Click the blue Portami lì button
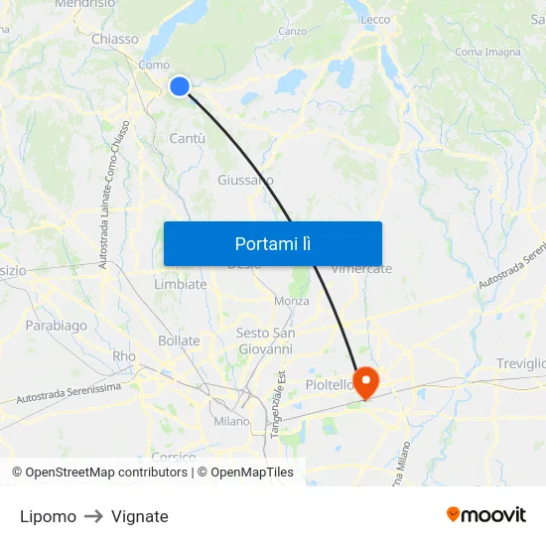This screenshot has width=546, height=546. coord(272,243)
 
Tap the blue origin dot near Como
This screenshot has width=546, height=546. coord(180,86)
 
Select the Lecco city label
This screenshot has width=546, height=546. coord(376,19)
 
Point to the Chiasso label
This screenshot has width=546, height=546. coord(115,39)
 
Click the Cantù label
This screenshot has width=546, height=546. coord(188,138)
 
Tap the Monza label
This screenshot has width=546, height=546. coord(292,301)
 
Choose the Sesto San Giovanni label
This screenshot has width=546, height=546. coord(265,341)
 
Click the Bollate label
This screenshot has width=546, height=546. coord(179,341)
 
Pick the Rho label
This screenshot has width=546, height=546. coord(124,356)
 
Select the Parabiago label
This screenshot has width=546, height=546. coord(56,325)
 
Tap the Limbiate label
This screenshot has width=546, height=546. coord(181,284)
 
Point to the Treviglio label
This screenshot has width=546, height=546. coord(522,364)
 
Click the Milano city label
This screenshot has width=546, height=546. coord(232,421)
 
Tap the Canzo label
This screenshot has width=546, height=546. coord(292,31)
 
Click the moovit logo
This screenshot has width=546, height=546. coord(486,514)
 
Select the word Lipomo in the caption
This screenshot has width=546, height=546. coord(48,516)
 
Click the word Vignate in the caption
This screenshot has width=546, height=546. coord(140,516)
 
